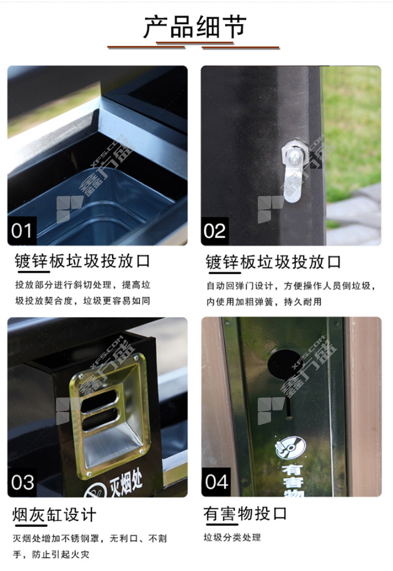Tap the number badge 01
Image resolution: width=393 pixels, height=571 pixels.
pos(21,231)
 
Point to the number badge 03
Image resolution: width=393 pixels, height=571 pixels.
pos(22,483)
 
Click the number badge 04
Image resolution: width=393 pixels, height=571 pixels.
pos(216,482)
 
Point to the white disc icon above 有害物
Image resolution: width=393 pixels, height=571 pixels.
pos(290,447)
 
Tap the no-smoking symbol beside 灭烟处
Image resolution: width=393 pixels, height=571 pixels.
pos(94,491)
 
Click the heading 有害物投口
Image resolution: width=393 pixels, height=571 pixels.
pos(245,514)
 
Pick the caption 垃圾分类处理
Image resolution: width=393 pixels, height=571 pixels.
pos(232,538)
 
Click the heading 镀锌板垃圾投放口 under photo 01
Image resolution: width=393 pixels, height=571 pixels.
pos(82,261)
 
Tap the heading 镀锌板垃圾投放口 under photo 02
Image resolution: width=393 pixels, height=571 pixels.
pos(274,262)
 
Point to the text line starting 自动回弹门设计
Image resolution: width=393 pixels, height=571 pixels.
pos(291,286)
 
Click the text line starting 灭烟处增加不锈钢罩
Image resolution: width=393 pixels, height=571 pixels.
pos(90,538)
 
